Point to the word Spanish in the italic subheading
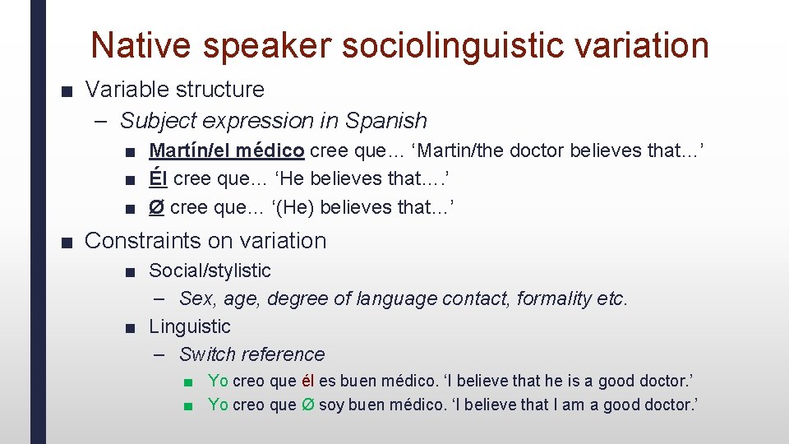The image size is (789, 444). [x=385, y=121]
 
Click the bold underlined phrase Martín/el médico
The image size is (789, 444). [x=227, y=150]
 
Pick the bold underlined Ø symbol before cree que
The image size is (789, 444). [x=155, y=207]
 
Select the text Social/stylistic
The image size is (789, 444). [x=210, y=271]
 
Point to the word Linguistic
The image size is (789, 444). [x=189, y=326]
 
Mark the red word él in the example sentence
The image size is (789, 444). [x=308, y=381]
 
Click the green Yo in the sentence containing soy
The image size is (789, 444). [x=218, y=405]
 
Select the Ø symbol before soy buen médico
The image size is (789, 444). [x=308, y=405]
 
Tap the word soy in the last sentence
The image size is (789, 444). [x=330, y=405]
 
